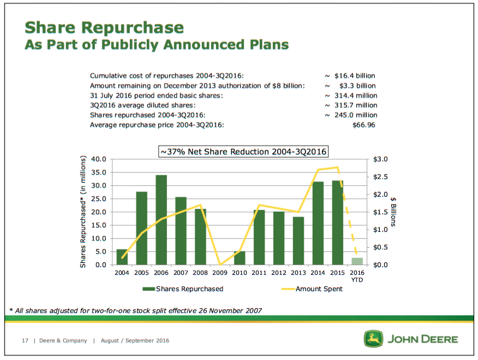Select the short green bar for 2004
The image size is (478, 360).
point(122,257)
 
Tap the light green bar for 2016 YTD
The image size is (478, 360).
point(357,261)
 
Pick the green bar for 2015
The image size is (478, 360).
point(337,223)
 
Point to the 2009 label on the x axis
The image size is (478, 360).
point(220,273)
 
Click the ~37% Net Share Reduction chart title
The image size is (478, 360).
point(243,152)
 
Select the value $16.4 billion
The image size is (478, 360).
point(355,76)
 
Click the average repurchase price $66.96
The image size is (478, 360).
point(365,125)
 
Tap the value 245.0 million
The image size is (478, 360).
point(355,115)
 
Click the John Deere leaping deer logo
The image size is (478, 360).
point(373,339)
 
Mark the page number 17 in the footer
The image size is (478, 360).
point(25,340)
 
